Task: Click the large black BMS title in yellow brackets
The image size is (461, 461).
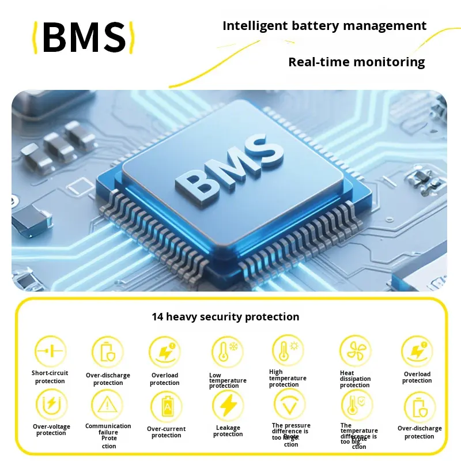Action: point(84,38)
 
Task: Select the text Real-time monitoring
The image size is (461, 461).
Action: point(356,62)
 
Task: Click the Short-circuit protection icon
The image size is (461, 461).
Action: point(51,351)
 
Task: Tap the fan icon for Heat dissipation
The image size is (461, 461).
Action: point(354,351)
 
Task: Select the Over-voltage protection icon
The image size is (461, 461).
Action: point(51,404)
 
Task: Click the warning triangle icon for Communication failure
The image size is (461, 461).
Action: point(107,405)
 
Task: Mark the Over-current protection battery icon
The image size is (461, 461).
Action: point(167,407)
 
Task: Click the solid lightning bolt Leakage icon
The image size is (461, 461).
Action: point(228,406)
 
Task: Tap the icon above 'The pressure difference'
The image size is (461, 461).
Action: point(289,404)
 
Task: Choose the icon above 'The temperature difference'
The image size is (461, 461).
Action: point(354,405)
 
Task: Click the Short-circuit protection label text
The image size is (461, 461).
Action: point(50,377)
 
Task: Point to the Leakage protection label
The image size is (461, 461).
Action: point(228,431)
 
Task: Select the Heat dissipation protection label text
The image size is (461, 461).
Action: point(355,379)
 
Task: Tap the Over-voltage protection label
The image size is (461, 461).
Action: point(51,430)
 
